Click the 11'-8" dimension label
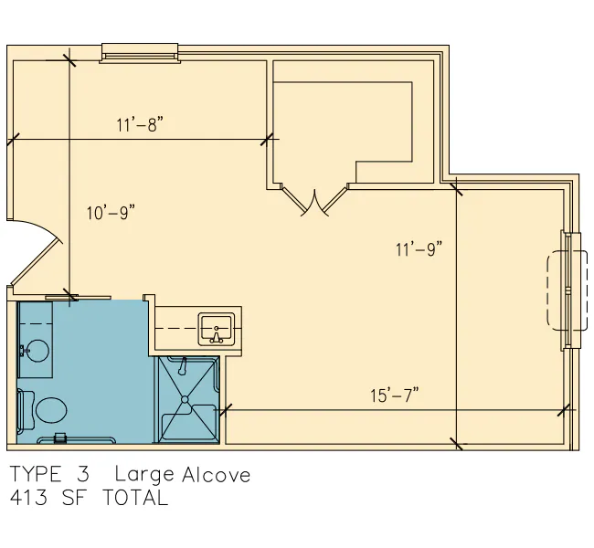click(140, 124)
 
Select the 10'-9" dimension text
click(111, 213)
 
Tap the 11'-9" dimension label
click(419, 249)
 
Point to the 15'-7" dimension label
click(395, 395)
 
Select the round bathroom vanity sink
click(37, 351)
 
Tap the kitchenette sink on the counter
click(217, 330)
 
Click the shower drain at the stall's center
click(185, 399)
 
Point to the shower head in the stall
click(184, 366)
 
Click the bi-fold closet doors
click(314, 200)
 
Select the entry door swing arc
click(34, 252)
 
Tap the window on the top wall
click(140, 53)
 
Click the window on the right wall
click(569, 290)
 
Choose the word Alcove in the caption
click(216, 475)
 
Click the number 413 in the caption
click(29, 498)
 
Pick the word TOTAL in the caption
click(135, 498)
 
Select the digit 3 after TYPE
click(82, 474)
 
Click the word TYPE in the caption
click(36, 474)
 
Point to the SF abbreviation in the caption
click(75, 498)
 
